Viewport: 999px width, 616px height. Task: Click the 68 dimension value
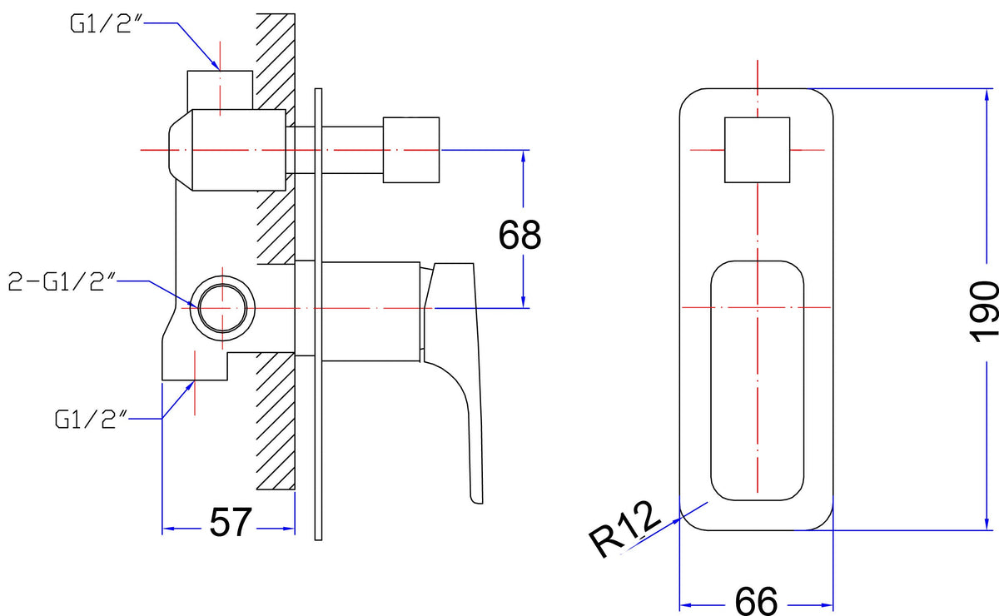coord(519,235)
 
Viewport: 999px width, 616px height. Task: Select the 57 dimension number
coord(231,522)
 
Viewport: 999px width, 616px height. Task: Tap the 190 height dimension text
coord(984,312)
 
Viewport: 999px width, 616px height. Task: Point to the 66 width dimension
coord(757,601)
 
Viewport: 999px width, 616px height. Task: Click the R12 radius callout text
coord(624,530)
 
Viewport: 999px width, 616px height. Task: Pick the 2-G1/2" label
coord(62,282)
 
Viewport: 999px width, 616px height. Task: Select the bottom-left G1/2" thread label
coord(91,420)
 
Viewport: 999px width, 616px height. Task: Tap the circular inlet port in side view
coord(222,308)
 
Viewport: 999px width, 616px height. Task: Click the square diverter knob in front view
coord(758,150)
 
